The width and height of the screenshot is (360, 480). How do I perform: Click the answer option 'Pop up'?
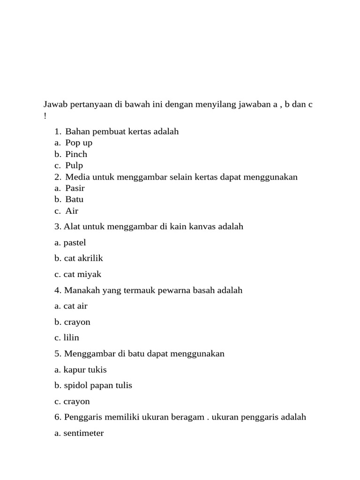click(79, 143)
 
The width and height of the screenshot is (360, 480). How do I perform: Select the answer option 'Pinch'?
click(76, 154)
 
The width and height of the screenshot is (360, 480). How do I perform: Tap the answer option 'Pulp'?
click(74, 165)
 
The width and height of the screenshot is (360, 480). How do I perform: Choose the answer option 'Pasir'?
click(75, 188)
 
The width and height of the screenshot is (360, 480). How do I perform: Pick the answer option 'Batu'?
click(74, 199)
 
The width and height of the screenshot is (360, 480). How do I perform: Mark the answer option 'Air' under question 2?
click(72, 211)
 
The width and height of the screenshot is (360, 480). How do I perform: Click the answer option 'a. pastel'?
click(70, 243)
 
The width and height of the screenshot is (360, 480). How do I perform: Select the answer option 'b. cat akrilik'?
click(78, 258)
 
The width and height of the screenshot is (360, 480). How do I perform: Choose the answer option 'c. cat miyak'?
click(77, 274)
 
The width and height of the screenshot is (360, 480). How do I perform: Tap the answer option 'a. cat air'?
click(71, 306)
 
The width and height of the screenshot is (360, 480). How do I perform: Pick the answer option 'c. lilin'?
click(67, 337)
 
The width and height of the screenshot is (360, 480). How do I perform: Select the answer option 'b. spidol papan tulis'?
click(93, 385)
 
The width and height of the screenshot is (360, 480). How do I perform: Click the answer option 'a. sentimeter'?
click(79, 433)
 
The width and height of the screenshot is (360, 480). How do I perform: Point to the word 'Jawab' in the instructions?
click(55, 104)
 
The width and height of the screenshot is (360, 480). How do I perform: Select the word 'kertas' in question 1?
click(141, 132)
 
